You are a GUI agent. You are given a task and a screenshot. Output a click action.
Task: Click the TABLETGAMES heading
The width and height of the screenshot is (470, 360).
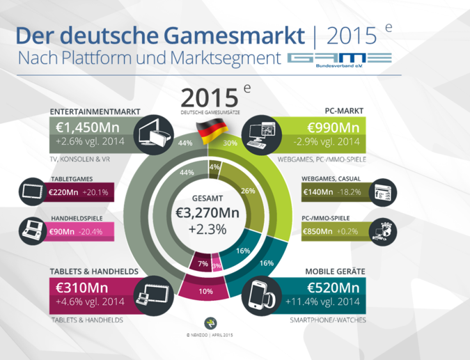71,180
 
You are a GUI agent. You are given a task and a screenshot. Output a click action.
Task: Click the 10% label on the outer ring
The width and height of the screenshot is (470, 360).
206,291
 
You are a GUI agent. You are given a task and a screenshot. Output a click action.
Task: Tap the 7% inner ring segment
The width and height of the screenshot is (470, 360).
203,265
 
